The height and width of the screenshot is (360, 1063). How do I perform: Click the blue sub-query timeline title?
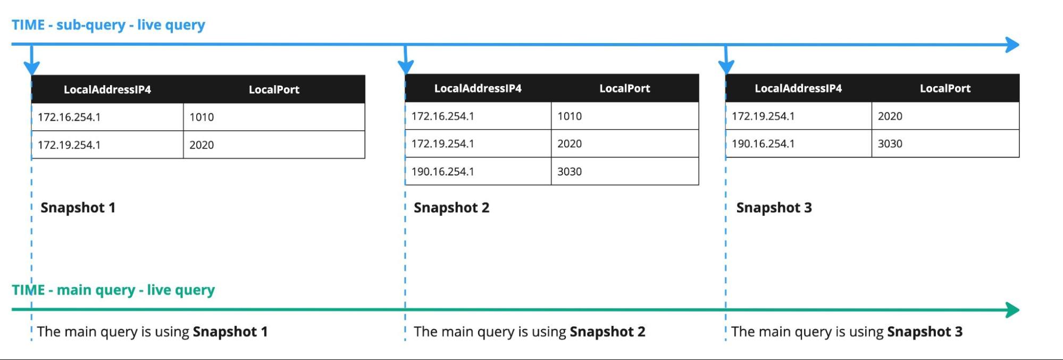(108, 25)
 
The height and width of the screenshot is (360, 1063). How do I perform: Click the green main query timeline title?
(113, 290)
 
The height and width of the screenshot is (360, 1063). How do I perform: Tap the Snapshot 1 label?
(78, 207)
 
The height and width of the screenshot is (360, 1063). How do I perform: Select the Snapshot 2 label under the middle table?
(451, 207)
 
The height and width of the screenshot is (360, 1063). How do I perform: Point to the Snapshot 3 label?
(774, 207)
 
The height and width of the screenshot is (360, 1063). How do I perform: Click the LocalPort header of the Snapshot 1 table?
(274, 89)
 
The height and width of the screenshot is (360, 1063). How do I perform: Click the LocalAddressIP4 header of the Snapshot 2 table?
(478, 88)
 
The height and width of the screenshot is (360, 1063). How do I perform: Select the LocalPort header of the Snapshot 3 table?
(945, 88)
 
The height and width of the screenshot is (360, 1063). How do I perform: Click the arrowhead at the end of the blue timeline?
(1012, 45)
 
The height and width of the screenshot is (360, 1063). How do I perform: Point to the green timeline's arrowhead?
(1012, 309)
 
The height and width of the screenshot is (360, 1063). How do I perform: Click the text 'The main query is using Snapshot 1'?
(152, 332)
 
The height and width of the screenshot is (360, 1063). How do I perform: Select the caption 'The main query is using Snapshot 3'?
(847, 332)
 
